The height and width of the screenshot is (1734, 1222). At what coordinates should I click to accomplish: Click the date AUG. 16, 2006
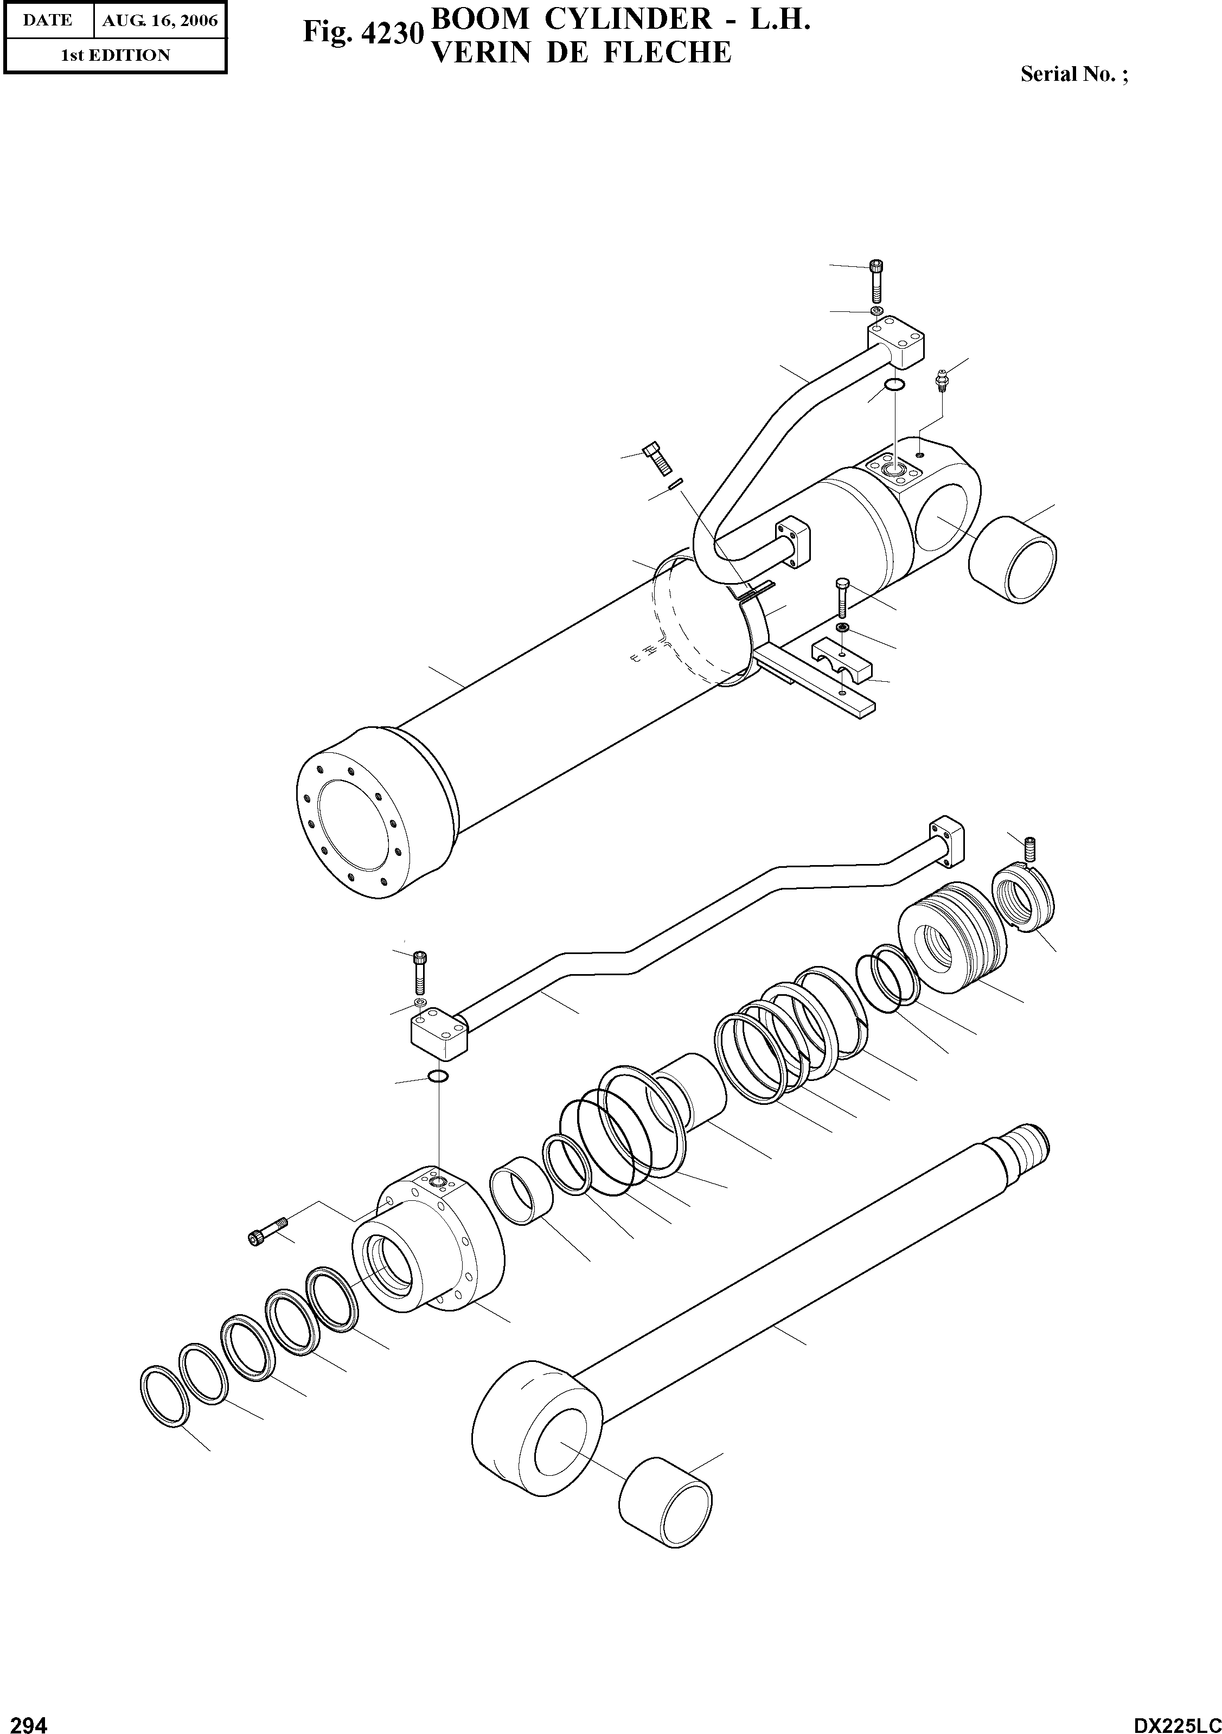coord(159,21)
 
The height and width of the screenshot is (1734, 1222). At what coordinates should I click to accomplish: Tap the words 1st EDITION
coord(115,55)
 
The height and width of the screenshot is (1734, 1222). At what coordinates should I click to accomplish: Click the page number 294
coord(25,1719)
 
